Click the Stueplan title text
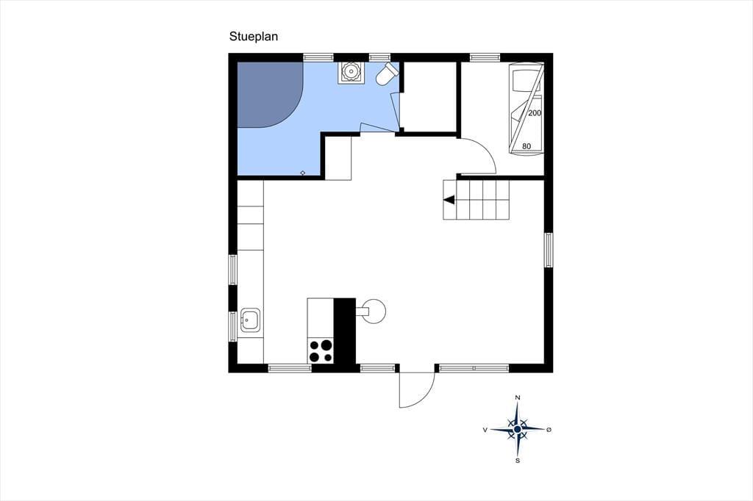[x=254, y=37]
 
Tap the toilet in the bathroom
[x=387, y=74]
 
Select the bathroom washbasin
[x=351, y=73]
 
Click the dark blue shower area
[x=269, y=95]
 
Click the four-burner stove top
[x=321, y=350]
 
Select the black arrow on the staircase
[x=449, y=200]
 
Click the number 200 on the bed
[x=535, y=113]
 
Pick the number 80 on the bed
[x=527, y=146]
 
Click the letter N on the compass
[x=518, y=397]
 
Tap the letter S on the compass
[x=518, y=461]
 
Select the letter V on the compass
[x=485, y=430]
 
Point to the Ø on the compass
[x=549, y=430]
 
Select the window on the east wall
[x=549, y=250]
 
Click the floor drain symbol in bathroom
[x=302, y=173]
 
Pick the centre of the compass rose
[x=517, y=429]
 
